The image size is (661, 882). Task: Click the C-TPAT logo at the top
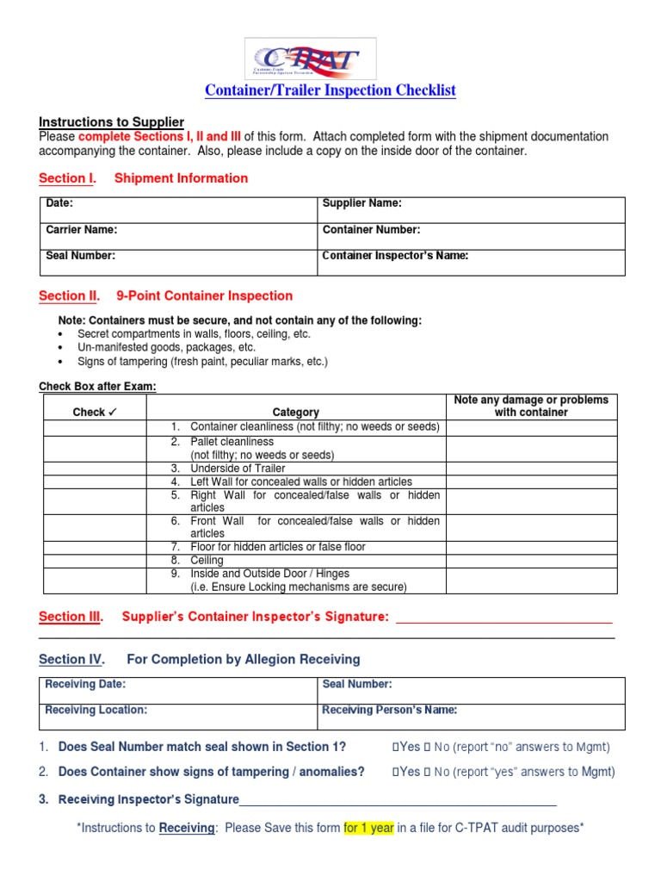coord(311,59)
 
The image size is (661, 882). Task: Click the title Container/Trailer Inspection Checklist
coord(330,90)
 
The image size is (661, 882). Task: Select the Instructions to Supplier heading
coord(111,122)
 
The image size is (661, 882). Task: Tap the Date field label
coord(59,203)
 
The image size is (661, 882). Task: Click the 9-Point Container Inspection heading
coord(204,295)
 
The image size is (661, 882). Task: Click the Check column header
coord(100,413)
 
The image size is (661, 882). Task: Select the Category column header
coord(295,413)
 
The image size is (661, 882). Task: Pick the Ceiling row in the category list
coord(207,560)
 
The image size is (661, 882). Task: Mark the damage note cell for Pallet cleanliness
coord(531,448)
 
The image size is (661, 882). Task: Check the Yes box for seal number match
coord(395,747)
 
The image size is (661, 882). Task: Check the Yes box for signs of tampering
coord(395,773)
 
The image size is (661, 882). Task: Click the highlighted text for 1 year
coord(368,828)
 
